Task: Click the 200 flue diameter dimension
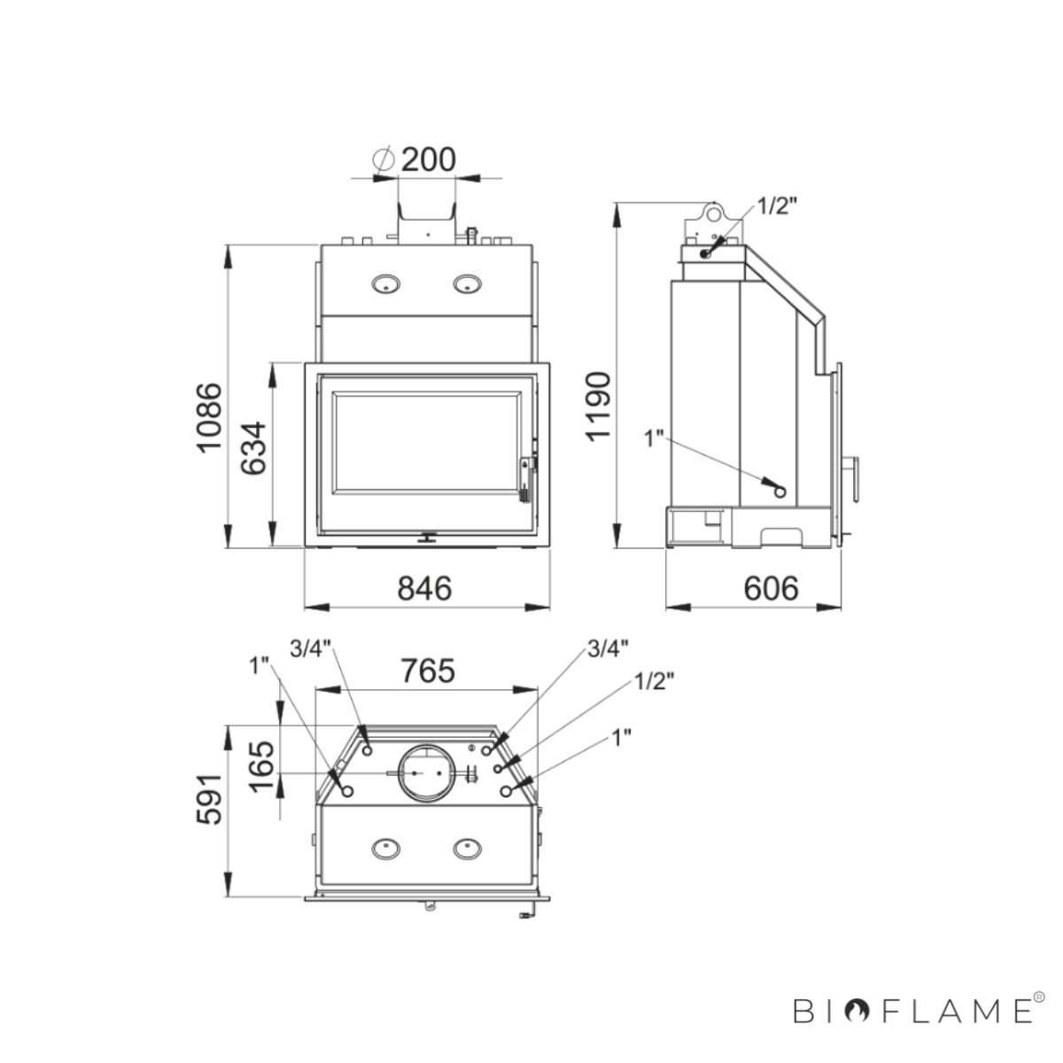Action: (428, 160)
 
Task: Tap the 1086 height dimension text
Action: (210, 417)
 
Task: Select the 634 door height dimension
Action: (253, 448)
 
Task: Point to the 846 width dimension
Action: (425, 588)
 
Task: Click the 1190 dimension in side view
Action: (599, 407)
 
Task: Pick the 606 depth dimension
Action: (771, 588)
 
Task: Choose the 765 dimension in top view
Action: (428, 671)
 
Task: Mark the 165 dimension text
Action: (261, 766)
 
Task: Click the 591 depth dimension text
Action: (210, 800)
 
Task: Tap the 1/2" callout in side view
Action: (777, 206)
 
